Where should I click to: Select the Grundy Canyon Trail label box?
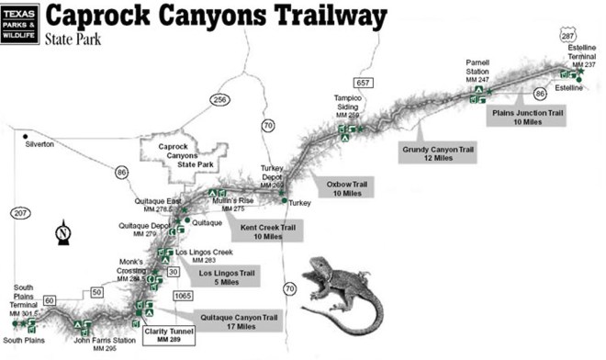(439, 152)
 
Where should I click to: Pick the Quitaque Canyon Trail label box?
(239, 322)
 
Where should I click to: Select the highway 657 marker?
(363, 83)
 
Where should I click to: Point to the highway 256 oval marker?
(218, 99)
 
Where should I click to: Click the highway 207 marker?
(21, 213)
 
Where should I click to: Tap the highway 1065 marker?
(183, 296)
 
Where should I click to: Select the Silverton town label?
(39, 144)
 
